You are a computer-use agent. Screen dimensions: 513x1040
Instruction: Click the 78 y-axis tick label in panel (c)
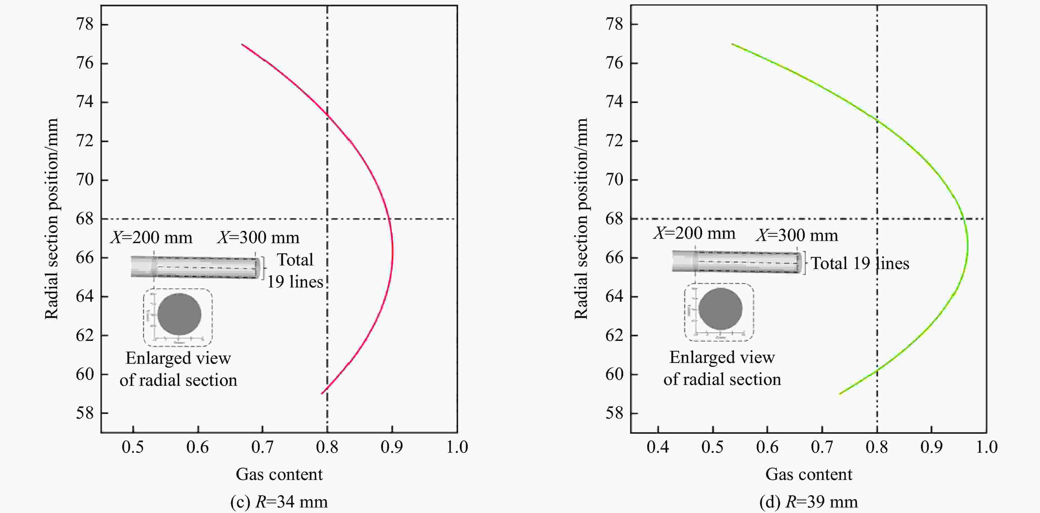[84, 25]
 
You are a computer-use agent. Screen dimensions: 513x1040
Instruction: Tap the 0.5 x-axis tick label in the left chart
[133, 447]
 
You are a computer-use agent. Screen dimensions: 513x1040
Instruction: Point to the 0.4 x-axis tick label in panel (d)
[658, 447]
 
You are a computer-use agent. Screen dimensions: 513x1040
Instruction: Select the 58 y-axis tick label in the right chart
[614, 413]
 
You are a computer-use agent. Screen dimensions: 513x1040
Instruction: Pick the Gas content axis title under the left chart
[279, 474]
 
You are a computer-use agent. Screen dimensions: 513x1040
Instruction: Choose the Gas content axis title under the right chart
[809, 474]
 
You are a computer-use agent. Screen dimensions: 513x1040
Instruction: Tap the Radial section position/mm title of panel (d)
[581, 219]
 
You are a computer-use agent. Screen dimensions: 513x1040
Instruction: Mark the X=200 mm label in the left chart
[151, 238]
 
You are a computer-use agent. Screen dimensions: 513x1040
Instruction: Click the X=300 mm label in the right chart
[797, 235]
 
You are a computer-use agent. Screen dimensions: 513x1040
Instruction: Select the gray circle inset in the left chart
[179, 314]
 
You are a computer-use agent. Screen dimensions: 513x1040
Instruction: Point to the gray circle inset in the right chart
[720, 309]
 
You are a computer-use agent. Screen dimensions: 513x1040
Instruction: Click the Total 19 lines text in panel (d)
[860, 263]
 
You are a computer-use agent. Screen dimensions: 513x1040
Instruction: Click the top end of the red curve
[242, 44]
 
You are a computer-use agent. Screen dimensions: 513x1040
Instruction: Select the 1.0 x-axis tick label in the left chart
[457, 447]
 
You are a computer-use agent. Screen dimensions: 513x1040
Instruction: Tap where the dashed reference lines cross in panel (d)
[877, 219]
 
